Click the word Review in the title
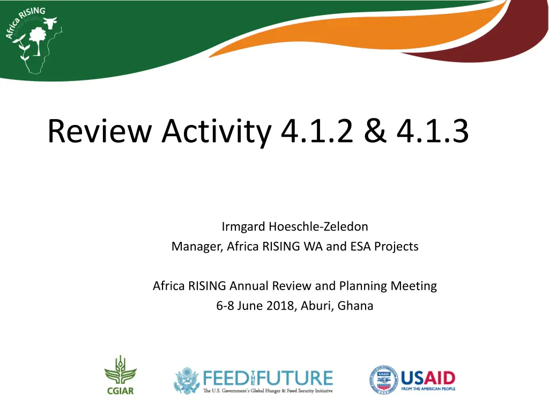click(x=100, y=131)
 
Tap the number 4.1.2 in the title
click(x=317, y=131)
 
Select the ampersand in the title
click(x=375, y=131)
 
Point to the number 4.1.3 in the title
click(x=433, y=131)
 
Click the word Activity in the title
click(x=217, y=133)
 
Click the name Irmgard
click(x=243, y=227)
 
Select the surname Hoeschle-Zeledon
click(x=318, y=226)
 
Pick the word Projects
click(x=396, y=247)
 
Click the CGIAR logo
click(x=121, y=375)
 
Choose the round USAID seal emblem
click(x=384, y=380)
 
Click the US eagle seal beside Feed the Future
click(x=187, y=380)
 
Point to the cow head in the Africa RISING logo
click(x=50, y=23)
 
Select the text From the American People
click(x=428, y=389)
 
